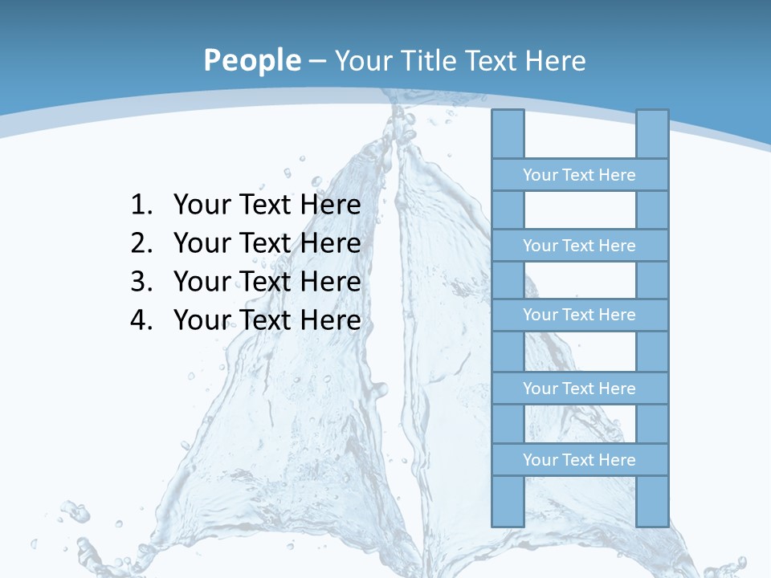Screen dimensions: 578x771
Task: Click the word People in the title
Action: (251, 60)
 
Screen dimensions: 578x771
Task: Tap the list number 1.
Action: (141, 206)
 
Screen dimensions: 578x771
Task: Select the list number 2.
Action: (141, 243)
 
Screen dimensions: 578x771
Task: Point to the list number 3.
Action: (141, 282)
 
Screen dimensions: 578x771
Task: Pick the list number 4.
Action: (141, 320)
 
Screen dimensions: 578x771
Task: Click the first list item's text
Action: (267, 206)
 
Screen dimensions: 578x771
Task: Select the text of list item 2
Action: (267, 243)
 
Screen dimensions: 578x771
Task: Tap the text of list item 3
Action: (267, 282)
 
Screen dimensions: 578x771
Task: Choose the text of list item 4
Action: (267, 320)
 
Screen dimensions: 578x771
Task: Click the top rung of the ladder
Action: (579, 175)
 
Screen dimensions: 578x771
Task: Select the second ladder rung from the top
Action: (579, 246)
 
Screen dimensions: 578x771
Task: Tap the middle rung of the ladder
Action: (579, 315)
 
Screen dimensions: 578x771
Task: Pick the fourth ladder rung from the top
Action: (579, 389)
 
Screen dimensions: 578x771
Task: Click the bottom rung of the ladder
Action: (579, 460)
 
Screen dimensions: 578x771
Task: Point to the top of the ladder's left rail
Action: (508, 120)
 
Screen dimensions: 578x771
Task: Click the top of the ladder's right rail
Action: (652, 120)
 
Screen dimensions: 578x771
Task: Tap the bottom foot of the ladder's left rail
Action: (508, 514)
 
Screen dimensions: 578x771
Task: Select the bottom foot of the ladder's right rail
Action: (652, 514)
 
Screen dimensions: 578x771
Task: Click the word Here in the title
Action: (555, 61)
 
